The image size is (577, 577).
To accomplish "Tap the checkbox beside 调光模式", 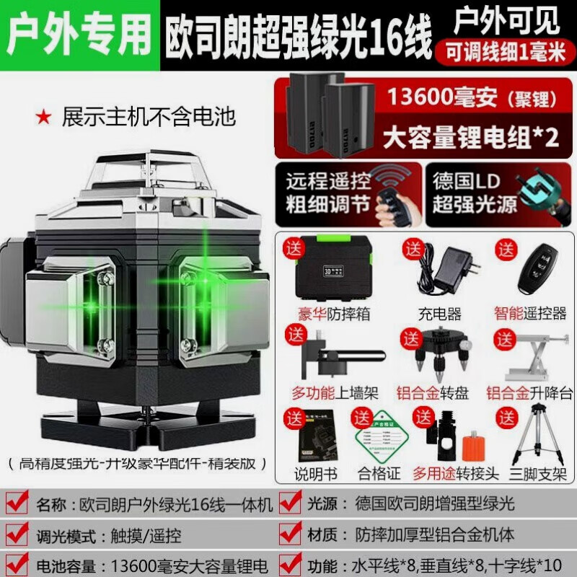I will click(x=19, y=535).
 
